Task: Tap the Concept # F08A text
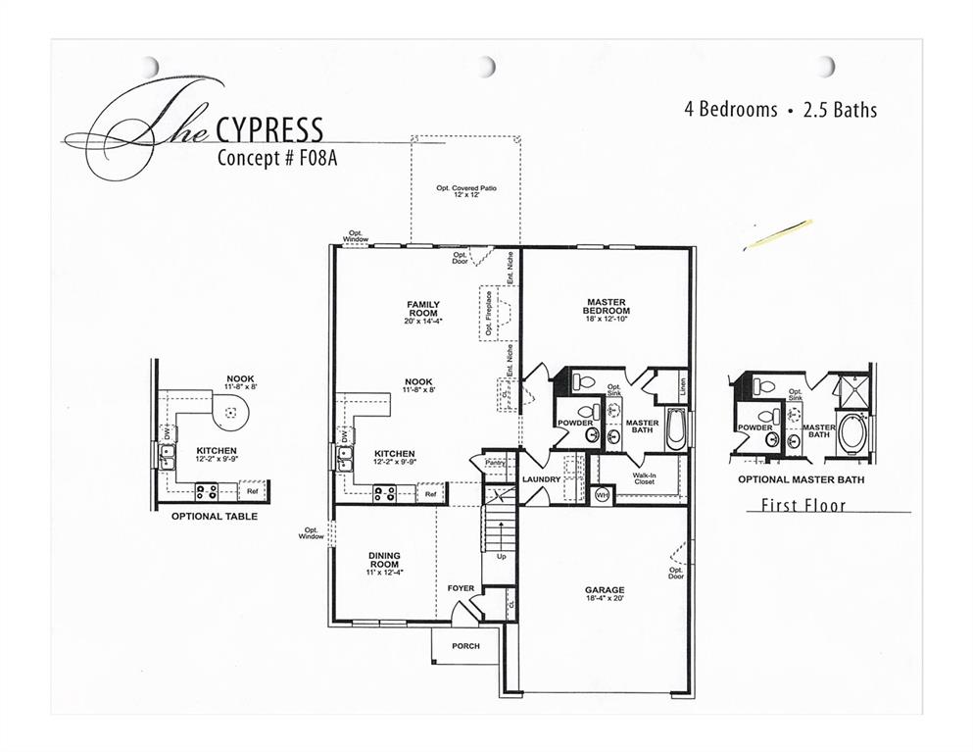tap(277, 159)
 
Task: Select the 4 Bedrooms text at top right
tap(730, 110)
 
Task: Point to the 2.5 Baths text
tap(840, 110)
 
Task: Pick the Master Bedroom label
tap(607, 306)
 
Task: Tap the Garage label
tap(605, 592)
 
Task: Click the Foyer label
tap(461, 588)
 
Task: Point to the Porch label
tap(465, 647)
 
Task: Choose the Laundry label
tap(540, 479)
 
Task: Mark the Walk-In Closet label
tap(644, 478)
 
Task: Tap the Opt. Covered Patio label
tap(465, 190)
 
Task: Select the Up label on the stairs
tap(501, 556)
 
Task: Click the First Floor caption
tap(803, 506)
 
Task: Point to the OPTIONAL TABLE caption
tap(201, 516)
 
